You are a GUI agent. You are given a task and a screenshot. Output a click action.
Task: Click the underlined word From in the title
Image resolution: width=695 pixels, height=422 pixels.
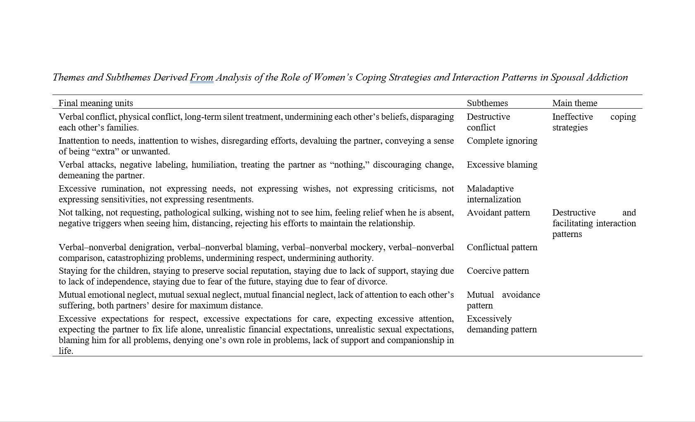pos(202,77)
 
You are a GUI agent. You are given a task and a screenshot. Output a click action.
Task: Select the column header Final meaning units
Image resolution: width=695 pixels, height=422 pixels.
pos(96,103)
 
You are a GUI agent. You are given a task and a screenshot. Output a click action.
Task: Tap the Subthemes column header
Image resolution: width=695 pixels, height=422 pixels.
pos(487,103)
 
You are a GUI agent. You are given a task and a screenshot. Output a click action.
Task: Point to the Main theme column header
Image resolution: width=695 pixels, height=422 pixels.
pos(575,103)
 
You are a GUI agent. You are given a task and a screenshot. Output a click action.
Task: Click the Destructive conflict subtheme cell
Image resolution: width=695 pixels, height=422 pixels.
pos(488,122)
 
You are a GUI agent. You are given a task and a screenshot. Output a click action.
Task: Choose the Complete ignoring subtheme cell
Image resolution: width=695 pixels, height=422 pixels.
pos(502,141)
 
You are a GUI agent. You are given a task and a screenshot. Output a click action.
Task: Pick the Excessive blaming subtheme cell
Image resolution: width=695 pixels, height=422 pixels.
pos(502,165)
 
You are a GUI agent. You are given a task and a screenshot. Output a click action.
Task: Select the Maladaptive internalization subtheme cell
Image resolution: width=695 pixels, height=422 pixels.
pos(494,194)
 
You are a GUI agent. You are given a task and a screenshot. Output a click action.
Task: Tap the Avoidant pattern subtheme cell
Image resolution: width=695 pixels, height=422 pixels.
pos(498,213)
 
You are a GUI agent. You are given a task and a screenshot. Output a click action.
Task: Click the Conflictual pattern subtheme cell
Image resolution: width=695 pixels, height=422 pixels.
pos(502,247)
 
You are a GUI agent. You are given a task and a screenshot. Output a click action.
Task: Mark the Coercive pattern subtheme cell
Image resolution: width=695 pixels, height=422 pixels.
pos(498,271)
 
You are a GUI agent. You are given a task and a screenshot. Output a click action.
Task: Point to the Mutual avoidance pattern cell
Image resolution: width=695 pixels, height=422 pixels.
pos(503,300)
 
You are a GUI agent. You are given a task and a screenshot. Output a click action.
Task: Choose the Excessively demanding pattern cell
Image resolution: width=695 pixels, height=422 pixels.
pos(502,324)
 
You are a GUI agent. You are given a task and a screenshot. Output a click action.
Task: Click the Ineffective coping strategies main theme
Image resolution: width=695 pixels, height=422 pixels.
pos(594,122)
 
